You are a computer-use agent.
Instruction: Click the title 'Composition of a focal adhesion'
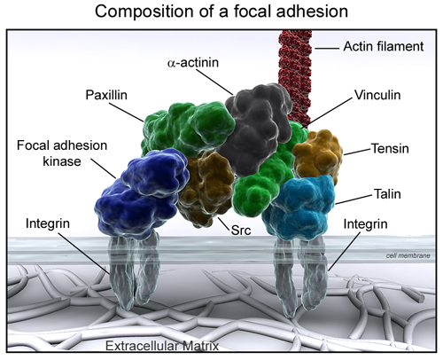(221, 12)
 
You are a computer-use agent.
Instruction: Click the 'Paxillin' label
(109, 93)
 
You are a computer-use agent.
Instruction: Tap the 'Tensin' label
(389, 149)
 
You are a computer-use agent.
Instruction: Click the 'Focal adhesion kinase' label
(56, 152)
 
